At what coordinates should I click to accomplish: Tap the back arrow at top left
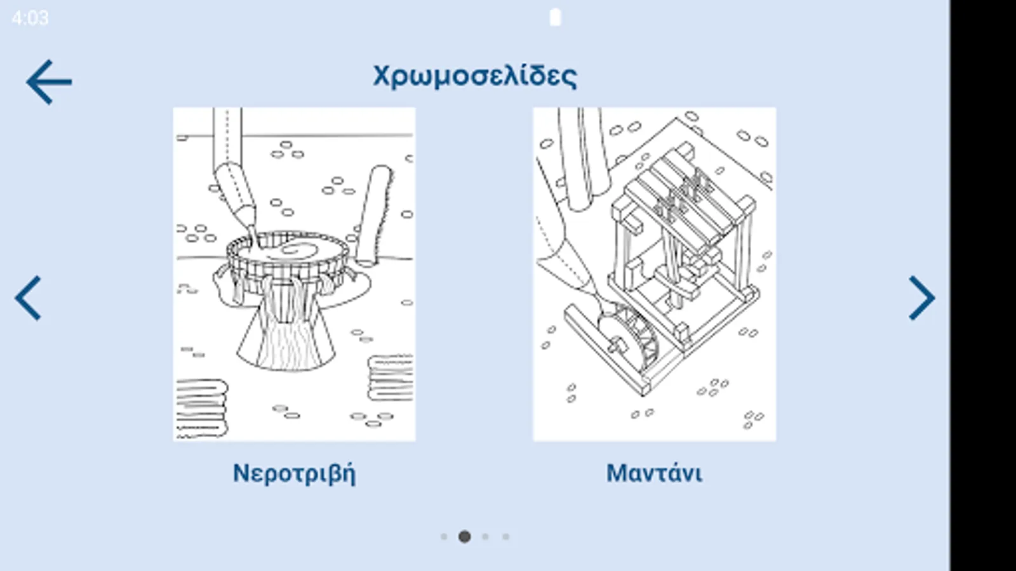point(49,82)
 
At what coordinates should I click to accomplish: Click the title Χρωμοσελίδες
point(475,76)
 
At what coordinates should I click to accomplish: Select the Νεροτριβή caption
point(295,473)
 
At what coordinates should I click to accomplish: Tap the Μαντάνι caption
point(654,473)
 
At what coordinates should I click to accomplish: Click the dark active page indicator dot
point(464,537)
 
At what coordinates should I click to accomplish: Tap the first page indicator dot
point(444,537)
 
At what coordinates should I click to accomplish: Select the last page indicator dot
point(505,537)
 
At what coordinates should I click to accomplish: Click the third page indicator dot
point(485,537)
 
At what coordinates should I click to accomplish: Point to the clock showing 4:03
point(30,18)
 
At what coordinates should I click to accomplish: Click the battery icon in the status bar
point(555,18)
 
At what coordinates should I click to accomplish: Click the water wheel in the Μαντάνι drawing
point(628,338)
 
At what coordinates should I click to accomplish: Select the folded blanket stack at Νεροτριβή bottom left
point(201,408)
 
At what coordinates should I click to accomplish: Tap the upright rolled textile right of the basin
point(375,216)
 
